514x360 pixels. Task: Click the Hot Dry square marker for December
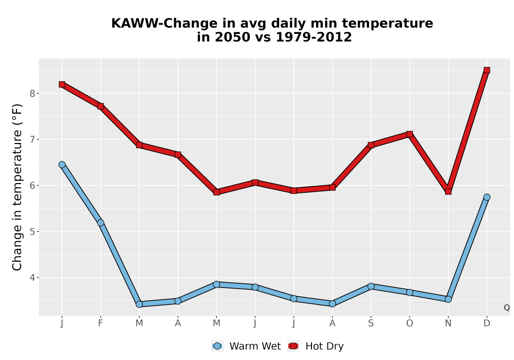tap(487, 70)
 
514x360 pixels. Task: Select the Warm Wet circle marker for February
tap(101, 223)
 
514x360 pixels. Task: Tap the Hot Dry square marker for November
tap(448, 191)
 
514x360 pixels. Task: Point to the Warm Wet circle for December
tap(487, 197)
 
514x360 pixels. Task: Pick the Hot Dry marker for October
tap(410, 134)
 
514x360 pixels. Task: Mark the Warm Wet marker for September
tap(371, 286)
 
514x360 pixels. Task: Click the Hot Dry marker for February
tap(101, 106)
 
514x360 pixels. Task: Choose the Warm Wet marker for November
tap(448, 299)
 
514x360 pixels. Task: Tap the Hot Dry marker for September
tap(371, 145)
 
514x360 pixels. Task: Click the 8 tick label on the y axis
tap(32, 94)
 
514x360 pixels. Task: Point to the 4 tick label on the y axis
tap(32, 278)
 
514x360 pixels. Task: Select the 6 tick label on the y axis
tap(32, 186)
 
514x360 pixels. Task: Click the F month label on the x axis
tap(101, 323)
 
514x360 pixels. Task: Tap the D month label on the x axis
tap(487, 323)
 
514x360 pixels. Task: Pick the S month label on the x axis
tap(371, 323)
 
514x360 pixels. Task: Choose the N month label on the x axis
tap(448, 323)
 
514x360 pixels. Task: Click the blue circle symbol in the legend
tap(217, 346)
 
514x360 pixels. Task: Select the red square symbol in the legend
tap(293, 346)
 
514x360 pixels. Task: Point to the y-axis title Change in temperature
tap(17, 187)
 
